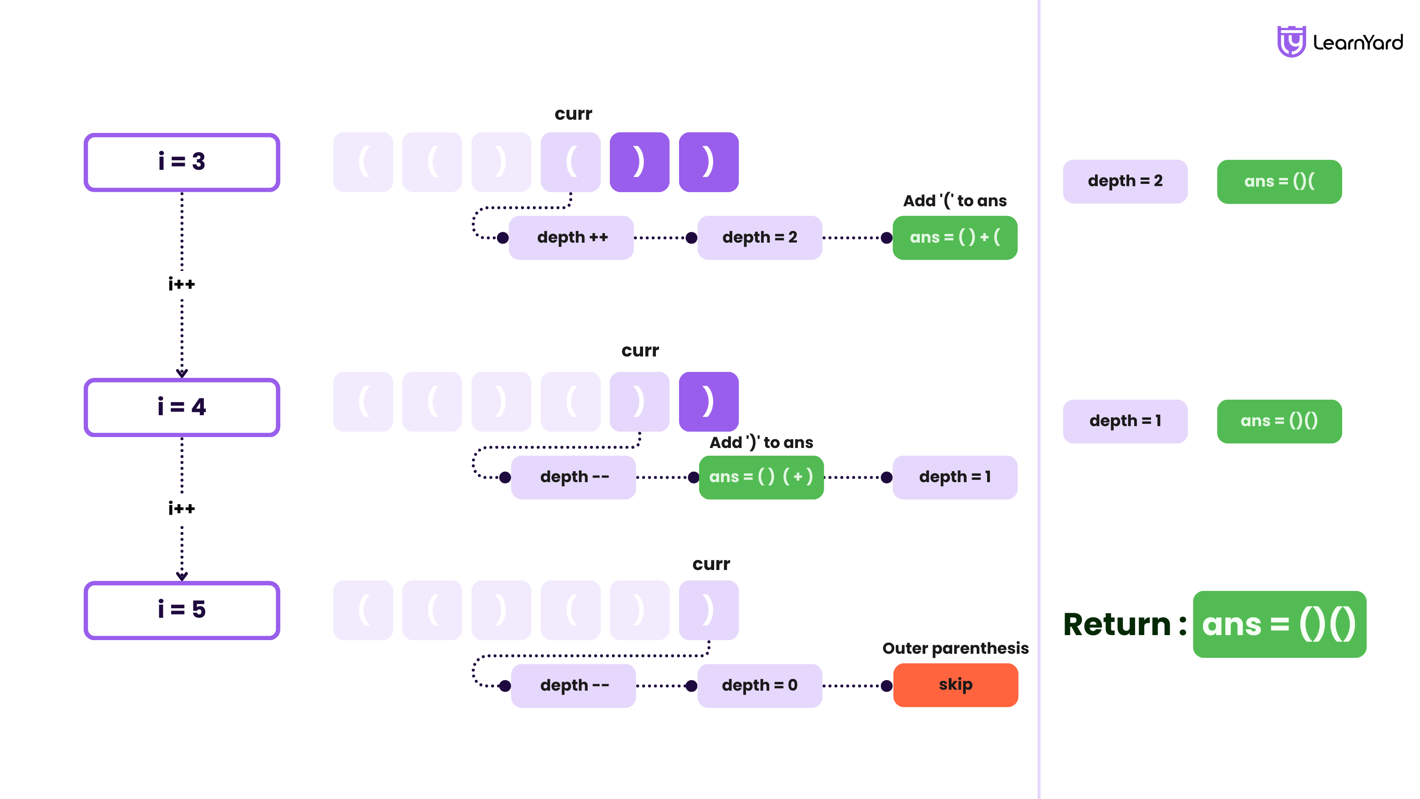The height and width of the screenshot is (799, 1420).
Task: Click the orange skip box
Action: pos(955,685)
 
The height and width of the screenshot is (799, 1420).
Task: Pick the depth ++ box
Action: pos(571,238)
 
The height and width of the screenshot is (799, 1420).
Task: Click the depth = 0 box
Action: pos(759,685)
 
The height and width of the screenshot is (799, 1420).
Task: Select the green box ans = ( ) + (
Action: pos(954,238)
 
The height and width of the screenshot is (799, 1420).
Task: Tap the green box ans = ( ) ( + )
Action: pos(761,477)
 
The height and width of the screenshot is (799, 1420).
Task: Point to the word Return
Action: pos(1116,625)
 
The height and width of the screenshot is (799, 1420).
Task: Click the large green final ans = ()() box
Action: pos(1279,624)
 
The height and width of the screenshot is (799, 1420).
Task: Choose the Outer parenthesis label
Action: pos(955,648)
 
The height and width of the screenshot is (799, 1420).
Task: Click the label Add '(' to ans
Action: pos(954,201)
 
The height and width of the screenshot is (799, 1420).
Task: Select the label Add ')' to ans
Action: pos(761,442)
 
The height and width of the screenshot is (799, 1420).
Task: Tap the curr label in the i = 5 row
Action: pos(710,564)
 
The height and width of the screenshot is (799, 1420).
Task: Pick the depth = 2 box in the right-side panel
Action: pos(1125,181)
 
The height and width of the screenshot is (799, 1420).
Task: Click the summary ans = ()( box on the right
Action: pos(1279,181)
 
